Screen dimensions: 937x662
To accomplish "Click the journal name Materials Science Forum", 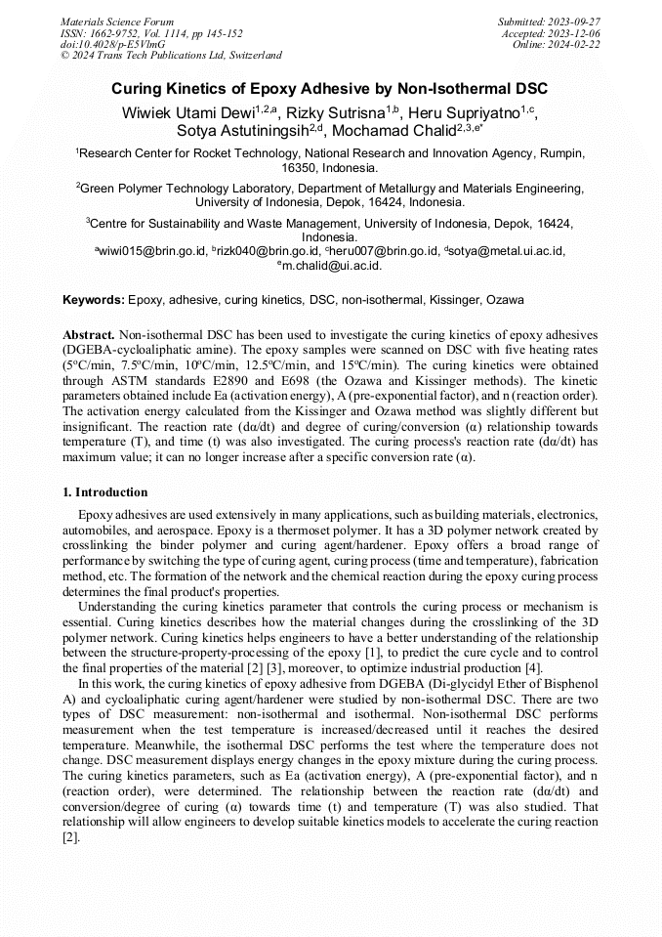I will tap(117, 21).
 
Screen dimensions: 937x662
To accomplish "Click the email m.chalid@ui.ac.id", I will tap(332, 265).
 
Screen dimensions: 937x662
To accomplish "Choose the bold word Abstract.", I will tap(88, 333).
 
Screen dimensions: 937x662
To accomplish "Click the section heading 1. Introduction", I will tap(105, 491).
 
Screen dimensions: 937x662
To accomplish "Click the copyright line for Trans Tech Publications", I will tap(171, 56).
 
